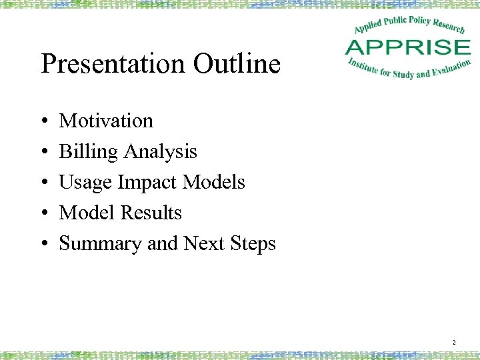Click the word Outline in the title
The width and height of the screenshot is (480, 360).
(x=237, y=65)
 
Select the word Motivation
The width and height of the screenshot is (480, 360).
(x=106, y=121)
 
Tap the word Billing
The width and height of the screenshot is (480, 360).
(x=88, y=152)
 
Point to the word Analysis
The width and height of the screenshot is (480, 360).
(x=160, y=152)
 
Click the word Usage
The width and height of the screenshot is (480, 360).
(x=85, y=183)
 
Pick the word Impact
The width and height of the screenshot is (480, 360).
(x=147, y=183)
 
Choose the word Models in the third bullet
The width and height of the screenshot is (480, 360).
(x=214, y=183)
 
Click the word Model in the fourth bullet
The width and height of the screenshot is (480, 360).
(x=87, y=213)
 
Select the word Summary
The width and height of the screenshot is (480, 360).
(x=101, y=244)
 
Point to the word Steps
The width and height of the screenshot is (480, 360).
(x=252, y=244)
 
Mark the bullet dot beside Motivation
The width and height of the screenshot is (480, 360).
(x=44, y=121)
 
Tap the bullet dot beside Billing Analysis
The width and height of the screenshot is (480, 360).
(x=44, y=152)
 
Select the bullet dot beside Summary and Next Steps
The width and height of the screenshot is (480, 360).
(x=44, y=244)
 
